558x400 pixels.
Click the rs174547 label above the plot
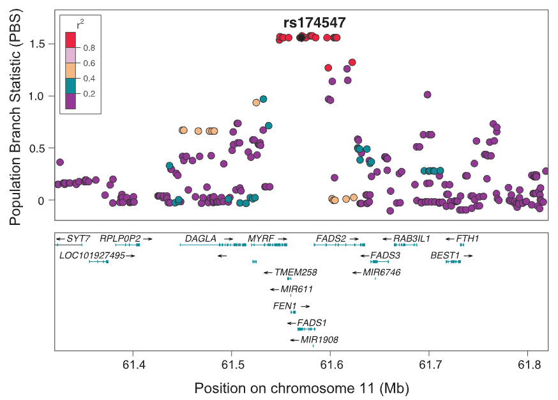(315, 23)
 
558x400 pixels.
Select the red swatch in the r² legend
(72, 40)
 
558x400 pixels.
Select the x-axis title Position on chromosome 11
(301, 388)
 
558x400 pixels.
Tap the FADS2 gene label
(331, 238)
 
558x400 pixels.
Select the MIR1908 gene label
(319, 340)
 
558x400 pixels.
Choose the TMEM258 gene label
(296, 272)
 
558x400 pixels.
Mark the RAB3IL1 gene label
(412, 238)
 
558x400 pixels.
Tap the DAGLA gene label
(200, 238)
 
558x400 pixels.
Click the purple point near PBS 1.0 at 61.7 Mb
(427, 95)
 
